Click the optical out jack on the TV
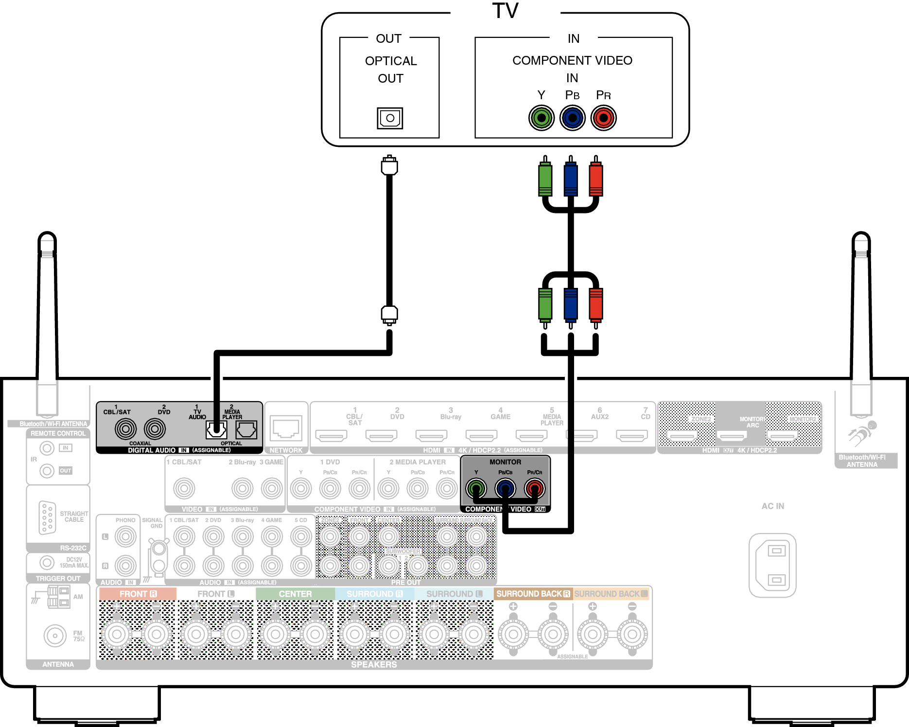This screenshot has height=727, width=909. [390, 118]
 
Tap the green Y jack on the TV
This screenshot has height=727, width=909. [542, 118]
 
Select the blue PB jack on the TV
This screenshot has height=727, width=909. [573, 118]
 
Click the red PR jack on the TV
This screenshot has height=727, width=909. [604, 118]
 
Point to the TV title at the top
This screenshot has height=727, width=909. [506, 11]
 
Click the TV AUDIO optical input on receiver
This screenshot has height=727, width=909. [216, 429]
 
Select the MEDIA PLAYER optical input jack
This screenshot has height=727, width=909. [246, 429]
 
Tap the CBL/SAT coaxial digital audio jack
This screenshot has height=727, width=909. [125, 429]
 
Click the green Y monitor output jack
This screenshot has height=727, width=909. [476, 488]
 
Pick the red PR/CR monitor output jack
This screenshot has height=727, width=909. [535, 488]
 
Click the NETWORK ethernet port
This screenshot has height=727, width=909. [286, 428]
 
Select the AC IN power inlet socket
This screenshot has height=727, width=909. [772, 565]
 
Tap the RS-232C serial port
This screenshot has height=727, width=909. [47, 517]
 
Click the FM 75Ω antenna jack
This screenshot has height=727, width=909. [55, 636]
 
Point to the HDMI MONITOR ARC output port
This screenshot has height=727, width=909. [732, 435]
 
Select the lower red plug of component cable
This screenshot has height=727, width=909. [596, 305]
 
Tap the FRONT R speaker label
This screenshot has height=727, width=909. [138, 594]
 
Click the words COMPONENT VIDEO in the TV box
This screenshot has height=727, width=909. [572, 61]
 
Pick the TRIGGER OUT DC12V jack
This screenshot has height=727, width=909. [47, 563]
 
